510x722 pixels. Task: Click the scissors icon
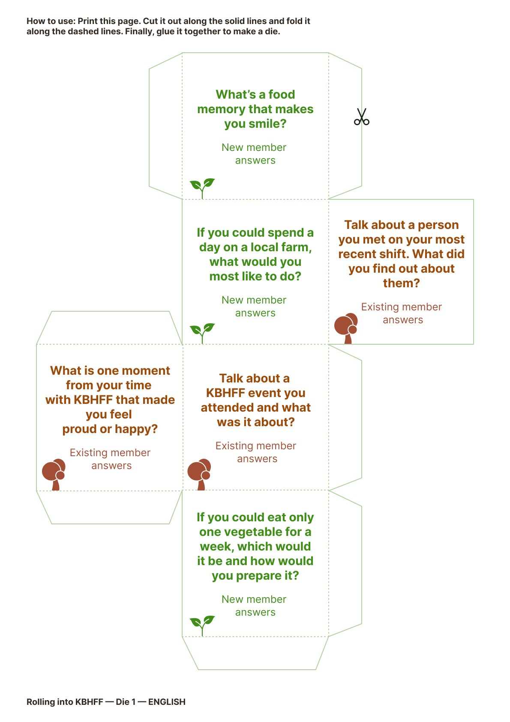click(361, 117)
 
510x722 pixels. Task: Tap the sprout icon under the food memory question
click(202, 188)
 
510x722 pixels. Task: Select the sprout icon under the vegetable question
click(202, 625)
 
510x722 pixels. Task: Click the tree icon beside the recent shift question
click(346, 328)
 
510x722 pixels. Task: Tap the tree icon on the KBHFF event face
click(200, 474)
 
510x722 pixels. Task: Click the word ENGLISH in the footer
click(167, 702)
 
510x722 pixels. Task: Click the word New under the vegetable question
click(232, 599)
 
